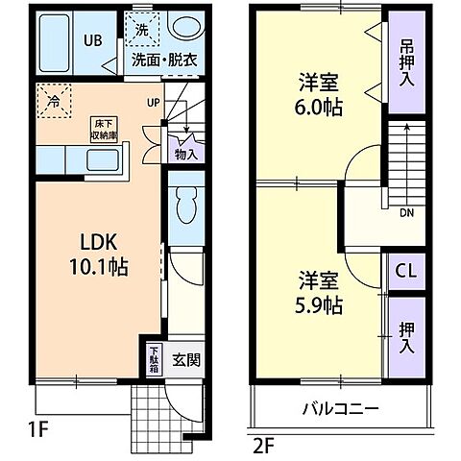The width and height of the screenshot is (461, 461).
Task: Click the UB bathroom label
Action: click(x=92, y=40)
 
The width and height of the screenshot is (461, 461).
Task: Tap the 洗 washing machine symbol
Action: click(x=141, y=29)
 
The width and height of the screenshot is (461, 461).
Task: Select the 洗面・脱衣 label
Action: click(x=164, y=59)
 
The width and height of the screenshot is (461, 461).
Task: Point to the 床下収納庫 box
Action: click(x=105, y=128)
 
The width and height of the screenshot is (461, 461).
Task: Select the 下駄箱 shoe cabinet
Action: click(x=154, y=364)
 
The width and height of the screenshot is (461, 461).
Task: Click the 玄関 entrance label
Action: click(x=185, y=362)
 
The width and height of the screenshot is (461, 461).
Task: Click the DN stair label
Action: click(x=406, y=213)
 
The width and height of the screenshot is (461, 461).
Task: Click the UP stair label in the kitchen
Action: click(x=154, y=103)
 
